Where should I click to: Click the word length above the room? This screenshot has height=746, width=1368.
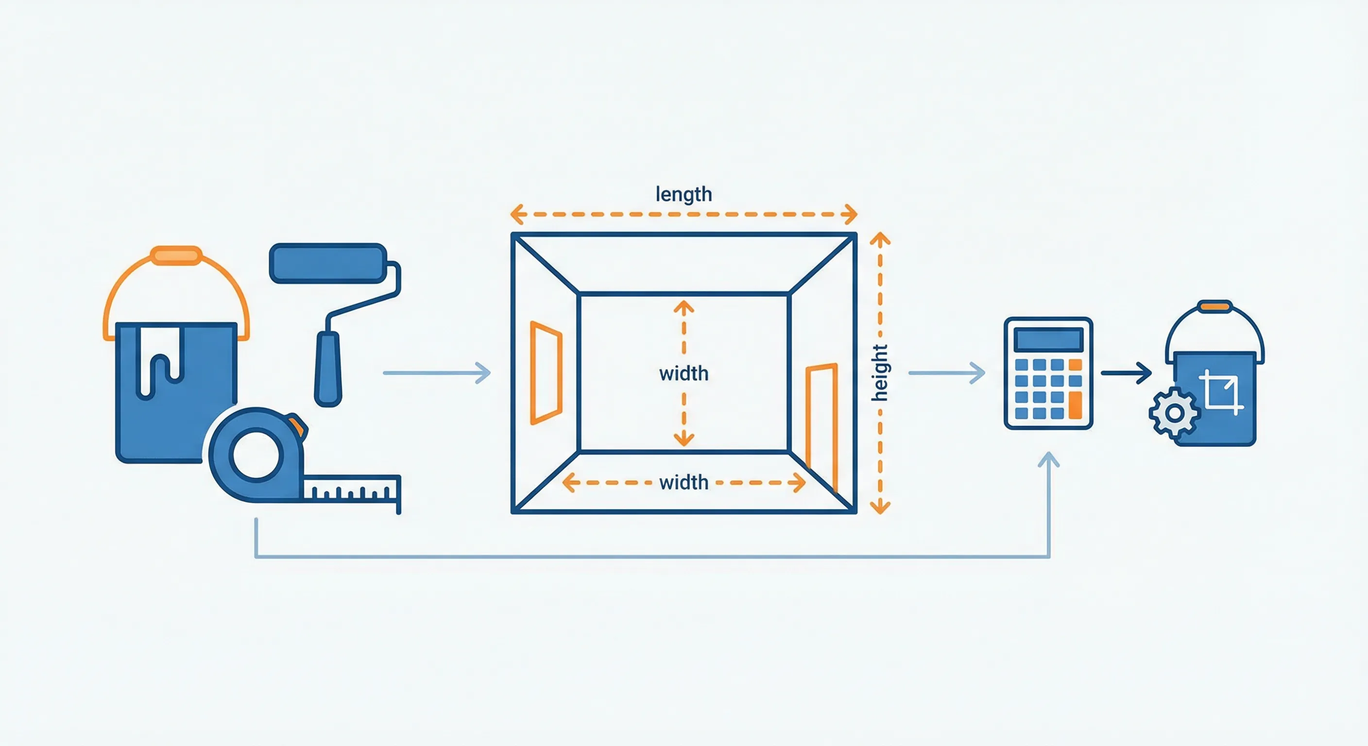tap(684, 194)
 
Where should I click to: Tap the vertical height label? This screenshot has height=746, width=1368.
tap(879, 372)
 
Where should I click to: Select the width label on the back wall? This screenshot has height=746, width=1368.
tap(684, 373)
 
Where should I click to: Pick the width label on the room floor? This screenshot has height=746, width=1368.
tap(684, 482)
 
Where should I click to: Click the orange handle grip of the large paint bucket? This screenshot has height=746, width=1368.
tap(176, 255)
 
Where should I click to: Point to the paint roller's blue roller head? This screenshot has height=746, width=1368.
tap(327, 263)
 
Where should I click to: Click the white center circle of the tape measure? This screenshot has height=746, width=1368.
tap(256, 455)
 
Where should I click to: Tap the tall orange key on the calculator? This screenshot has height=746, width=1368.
tap(1075, 405)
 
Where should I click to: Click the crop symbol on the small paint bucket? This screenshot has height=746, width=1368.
tap(1221, 392)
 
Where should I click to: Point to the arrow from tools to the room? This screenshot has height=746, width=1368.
tap(437, 373)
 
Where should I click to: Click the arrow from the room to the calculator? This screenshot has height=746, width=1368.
tap(946, 373)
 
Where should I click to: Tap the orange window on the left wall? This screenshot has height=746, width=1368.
tap(546, 373)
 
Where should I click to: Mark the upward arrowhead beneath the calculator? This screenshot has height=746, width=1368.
tap(1049, 460)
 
